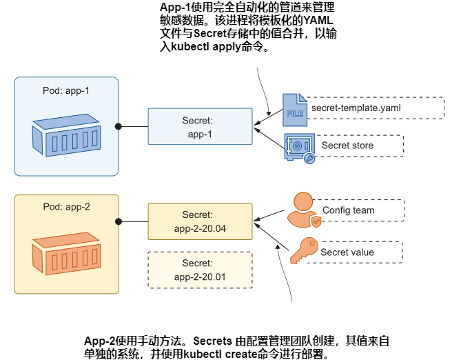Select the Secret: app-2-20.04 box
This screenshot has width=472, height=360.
201,221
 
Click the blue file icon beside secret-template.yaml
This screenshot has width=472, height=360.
294,108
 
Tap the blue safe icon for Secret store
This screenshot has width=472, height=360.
299,148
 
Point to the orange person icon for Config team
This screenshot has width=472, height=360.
305,209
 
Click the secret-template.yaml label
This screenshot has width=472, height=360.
356,108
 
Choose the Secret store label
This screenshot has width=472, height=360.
347,146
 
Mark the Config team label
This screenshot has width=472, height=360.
348,210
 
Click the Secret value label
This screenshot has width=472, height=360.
347,252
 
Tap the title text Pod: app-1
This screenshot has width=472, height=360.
66,91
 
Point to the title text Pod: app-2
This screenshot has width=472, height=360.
66,206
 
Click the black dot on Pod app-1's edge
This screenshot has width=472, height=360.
119,126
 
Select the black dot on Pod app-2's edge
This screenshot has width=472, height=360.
119,221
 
